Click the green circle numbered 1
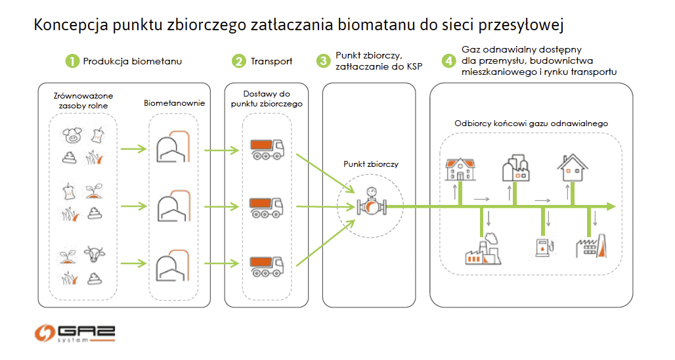(x=72, y=61)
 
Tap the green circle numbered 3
(x=323, y=60)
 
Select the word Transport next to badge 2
(x=272, y=61)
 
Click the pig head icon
(x=72, y=135)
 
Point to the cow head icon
(x=95, y=254)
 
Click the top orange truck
(x=267, y=149)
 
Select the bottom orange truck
(x=267, y=265)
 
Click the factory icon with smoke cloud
(x=483, y=249)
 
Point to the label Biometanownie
(x=175, y=103)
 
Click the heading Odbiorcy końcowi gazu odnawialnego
(x=531, y=124)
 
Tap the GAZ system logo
(x=75, y=333)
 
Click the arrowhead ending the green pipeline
(x=611, y=207)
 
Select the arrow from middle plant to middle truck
(x=222, y=207)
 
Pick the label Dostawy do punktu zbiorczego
(x=267, y=99)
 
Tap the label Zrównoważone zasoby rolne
(x=83, y=101)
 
